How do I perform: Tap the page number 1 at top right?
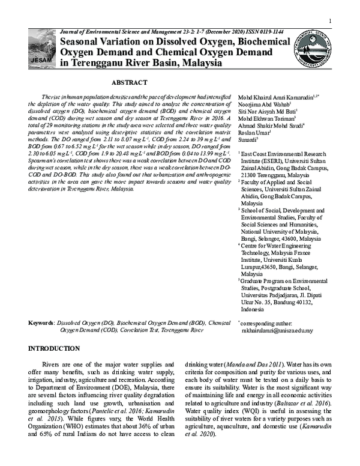click(x=330, y=22)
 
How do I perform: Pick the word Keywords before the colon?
click(x=41, y=322)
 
